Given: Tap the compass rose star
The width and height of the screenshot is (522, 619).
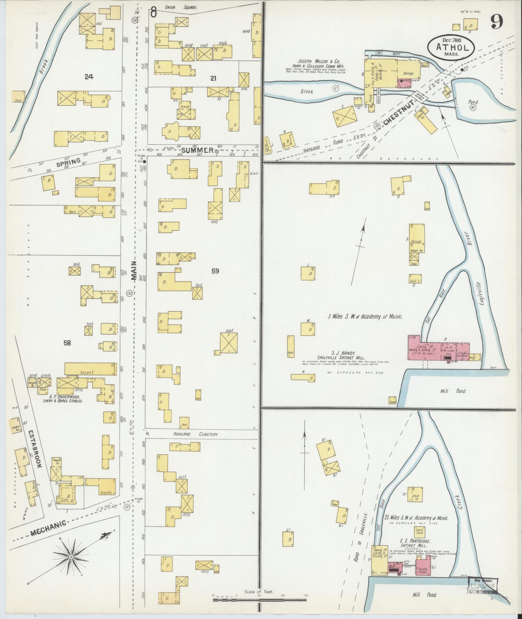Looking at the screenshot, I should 71,557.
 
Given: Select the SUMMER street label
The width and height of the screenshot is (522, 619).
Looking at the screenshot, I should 197,150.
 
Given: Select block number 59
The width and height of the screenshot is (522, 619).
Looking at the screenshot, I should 215,271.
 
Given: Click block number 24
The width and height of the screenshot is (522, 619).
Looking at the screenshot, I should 89,76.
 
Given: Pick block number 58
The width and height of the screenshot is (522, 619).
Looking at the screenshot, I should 67,343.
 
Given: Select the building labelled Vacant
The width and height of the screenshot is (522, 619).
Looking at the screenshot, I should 91,369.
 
